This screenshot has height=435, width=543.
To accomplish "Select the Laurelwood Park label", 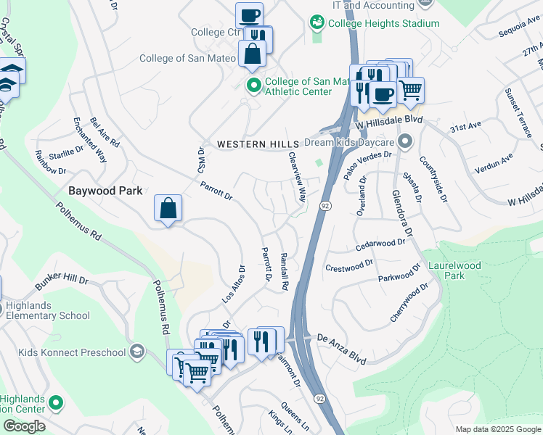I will click(454, 271).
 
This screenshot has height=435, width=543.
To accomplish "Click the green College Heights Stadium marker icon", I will click(317, 22).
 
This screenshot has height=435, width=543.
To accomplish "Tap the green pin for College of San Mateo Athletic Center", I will click(253, 87).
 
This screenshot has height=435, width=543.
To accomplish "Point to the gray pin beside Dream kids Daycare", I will click(405, 141).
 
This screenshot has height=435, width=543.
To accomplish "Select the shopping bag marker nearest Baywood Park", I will click(168, 209).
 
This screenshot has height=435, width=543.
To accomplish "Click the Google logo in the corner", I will click(24, 426).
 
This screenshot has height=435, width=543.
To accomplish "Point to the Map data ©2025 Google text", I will click(497, 429).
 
